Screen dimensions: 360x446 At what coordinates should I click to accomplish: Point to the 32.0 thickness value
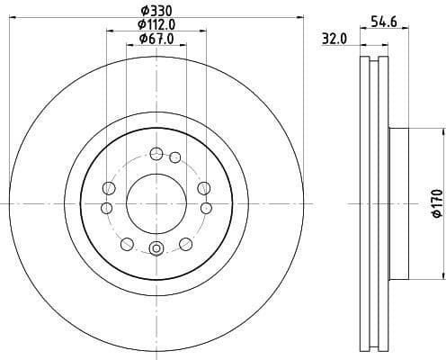(x=334, y=39)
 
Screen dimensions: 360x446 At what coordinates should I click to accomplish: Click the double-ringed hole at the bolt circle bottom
(x=156, y=249)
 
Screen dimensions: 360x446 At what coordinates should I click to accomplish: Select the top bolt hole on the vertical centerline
(x=156, y=152)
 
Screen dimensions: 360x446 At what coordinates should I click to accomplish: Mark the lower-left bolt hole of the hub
(x=126, y=244)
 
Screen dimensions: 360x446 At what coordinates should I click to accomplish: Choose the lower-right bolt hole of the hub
(x=186, y=244)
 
